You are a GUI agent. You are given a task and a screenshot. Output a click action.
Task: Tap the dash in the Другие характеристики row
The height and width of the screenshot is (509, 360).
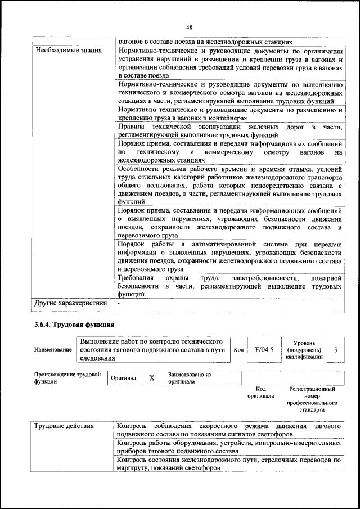pyautogui.click(x=119, y=303)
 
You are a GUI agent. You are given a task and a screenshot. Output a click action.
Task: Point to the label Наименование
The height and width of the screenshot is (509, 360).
pyautogui.click(x=53, y=350)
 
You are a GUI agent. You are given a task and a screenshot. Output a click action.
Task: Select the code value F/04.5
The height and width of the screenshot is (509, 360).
pyautogui.click(x=264, y=349)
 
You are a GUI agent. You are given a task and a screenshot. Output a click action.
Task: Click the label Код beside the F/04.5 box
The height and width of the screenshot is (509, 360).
pyautogui.click(x=238, y=349)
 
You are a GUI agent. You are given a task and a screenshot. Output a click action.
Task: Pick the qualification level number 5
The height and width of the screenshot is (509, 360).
pyautogui.click(x=336, y=349)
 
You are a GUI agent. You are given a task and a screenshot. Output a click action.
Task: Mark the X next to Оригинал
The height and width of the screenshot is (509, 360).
pyautogui.click(x=151, y=378)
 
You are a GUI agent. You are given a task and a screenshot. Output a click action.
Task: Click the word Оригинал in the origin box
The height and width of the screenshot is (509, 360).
pyautogui.click(x=123, y=378)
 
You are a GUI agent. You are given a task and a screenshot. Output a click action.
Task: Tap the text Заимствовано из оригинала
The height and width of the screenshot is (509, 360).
pyautogui.click(x=188, y=378)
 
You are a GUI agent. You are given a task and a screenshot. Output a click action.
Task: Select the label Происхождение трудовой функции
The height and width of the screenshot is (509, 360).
pyautogui.click(x=67, y=377)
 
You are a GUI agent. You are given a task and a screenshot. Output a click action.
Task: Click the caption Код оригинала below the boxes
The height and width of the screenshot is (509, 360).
pyautogui.click(x=260, y=392)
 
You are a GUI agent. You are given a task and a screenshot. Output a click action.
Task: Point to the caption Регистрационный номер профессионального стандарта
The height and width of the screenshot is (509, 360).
pyautogui.click(x=312, y=399)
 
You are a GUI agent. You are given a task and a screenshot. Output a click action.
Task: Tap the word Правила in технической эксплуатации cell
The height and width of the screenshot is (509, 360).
pyautogui.click(x=132, y=128)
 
